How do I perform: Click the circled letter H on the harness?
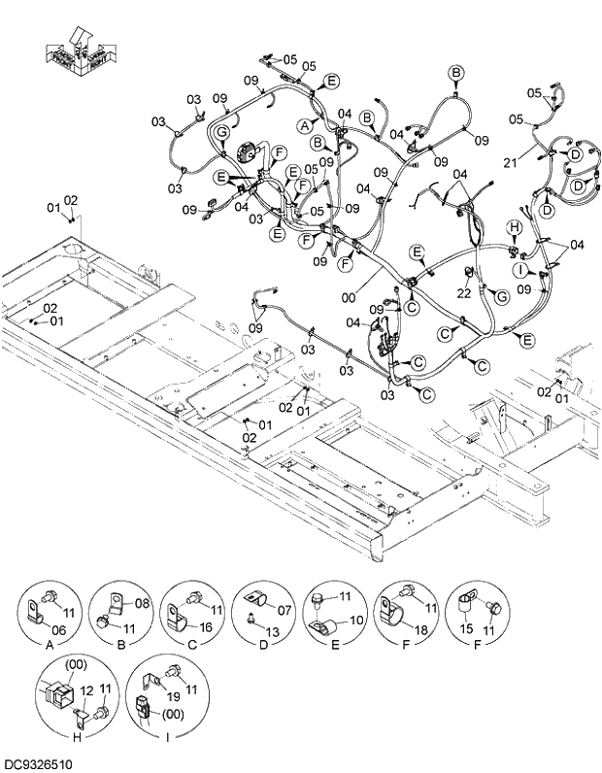(x=516, y=227)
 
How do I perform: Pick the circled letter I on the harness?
(x=520, y=269)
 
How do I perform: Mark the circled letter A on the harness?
(x=304, y=125)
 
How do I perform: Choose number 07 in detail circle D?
(x=285, y=610)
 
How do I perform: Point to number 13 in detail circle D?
(x=272, y=632)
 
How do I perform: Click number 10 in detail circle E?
(x=355, y=620)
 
